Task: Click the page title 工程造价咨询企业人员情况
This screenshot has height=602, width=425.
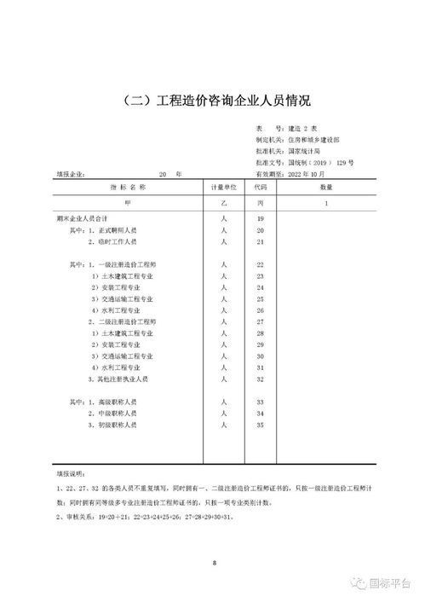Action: click(212, 101)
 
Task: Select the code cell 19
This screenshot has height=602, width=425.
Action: click(261, 219)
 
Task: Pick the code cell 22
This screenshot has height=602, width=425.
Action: click(261, 265)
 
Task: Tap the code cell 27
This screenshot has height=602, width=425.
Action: click(261, 321)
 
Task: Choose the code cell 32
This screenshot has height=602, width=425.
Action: click(261, 378)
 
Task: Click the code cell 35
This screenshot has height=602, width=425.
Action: click(261, 424)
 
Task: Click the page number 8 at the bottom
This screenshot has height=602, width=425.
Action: click(213, 563)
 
